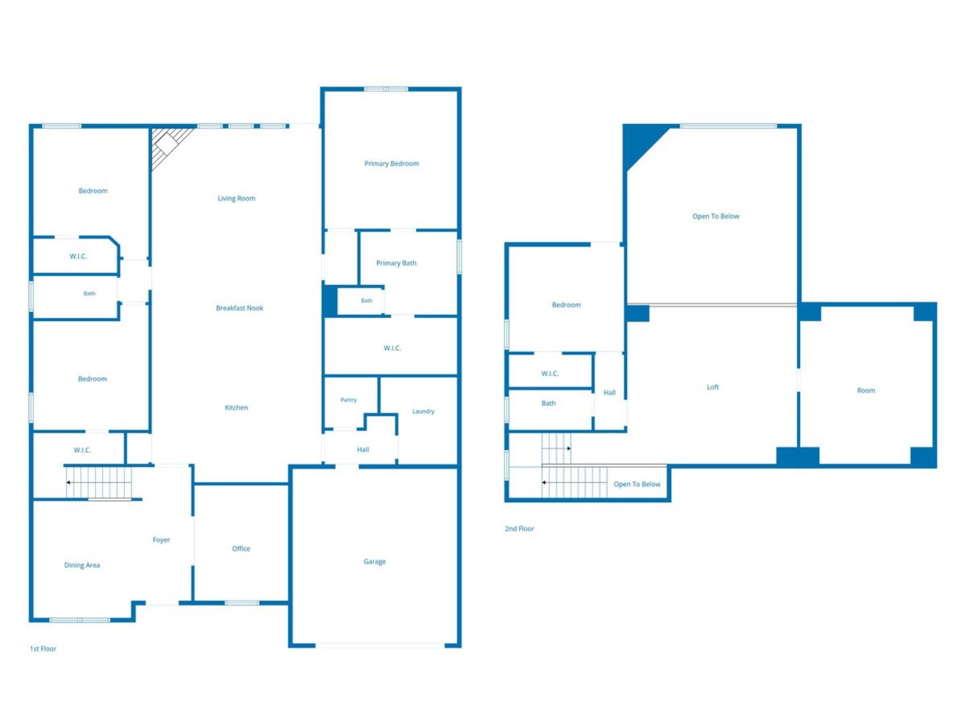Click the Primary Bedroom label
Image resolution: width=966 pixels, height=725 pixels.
[x=391, y=163]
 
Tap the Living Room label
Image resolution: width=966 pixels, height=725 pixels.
[x=236, y=198]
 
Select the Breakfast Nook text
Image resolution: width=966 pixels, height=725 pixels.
[x=240, y=308]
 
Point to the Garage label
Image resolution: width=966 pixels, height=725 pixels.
[x=375, y=561]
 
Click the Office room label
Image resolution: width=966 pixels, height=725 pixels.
[x=241, y=548]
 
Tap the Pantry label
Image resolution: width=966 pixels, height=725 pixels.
[x=349, y=400]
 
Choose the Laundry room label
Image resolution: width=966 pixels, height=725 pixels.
[x=423, y=411]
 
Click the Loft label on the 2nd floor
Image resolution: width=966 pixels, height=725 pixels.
[x=713, y=387]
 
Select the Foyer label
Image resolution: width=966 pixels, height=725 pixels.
[x=161, y=540]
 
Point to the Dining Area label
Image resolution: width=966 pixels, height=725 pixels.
[x=82, y=565]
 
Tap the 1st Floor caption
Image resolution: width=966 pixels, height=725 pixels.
[x=43, y=649]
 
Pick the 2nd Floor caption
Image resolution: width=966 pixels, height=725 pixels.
[x=519, y=529]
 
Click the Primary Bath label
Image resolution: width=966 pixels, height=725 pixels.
[x=396, y=263]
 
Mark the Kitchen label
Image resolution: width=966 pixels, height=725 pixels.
[x=236, y=407]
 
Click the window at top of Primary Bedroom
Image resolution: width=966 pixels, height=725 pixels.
[x=386, y=89]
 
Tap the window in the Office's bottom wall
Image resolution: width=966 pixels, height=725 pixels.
[x=241, y=603]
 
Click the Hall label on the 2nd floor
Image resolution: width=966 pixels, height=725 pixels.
[x=609, y=392]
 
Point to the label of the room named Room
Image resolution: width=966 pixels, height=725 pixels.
[x=866, y=390]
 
